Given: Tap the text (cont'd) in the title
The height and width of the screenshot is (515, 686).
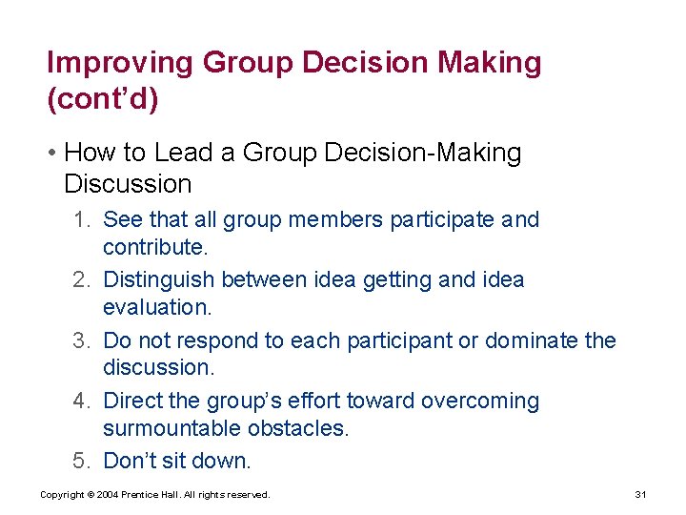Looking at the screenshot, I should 102,99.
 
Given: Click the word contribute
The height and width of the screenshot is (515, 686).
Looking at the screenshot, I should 154,247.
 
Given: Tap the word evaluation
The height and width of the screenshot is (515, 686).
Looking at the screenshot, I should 156,307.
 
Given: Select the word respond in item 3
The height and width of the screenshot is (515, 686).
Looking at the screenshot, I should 218,340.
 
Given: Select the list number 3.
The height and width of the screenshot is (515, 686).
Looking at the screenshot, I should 81,340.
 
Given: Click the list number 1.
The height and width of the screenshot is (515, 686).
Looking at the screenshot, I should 81,219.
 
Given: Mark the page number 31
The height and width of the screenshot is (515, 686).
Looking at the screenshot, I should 640,494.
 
